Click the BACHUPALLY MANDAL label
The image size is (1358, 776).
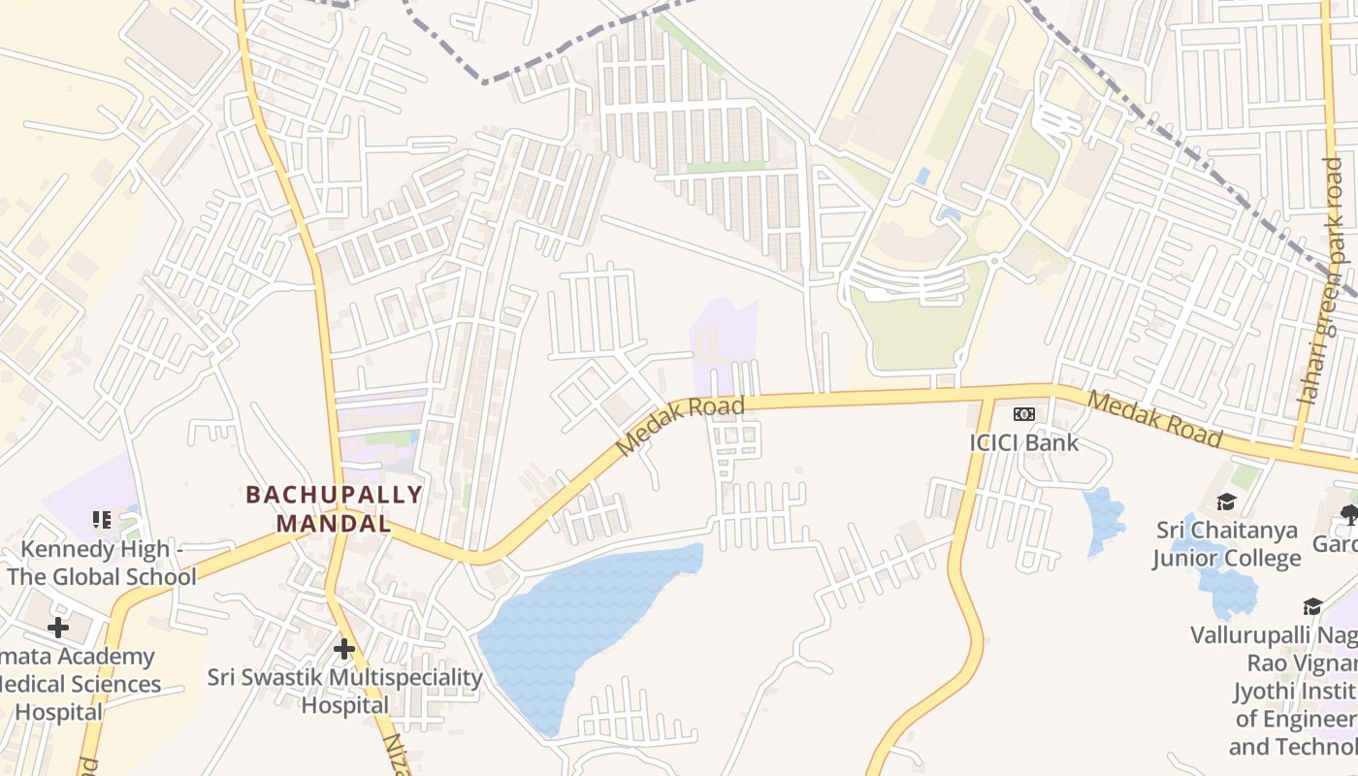pos(334,509)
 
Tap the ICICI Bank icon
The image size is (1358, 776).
pos(1023,414)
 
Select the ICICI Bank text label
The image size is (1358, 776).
pos(1023,442)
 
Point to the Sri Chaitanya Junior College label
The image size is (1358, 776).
pos(1227,544)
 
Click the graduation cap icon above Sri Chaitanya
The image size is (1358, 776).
pos(1227,501)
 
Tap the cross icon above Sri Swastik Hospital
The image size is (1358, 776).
pos(343,649)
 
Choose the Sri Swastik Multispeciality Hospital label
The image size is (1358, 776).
pos(344,691)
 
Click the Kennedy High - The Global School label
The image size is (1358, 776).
pos(102,564)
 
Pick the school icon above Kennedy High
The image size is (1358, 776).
pos(101,521)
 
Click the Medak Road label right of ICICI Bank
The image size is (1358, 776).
pos(1153,420)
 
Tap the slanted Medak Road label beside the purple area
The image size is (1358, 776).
pos(681,426)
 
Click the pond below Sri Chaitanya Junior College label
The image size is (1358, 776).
pos(1227,592)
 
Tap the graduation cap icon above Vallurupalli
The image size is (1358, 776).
pos(1312,606)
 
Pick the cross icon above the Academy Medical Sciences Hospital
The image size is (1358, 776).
pos(58,628)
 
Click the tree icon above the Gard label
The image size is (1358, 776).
pos(1348,514)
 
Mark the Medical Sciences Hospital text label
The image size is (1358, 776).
pos(78,684)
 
